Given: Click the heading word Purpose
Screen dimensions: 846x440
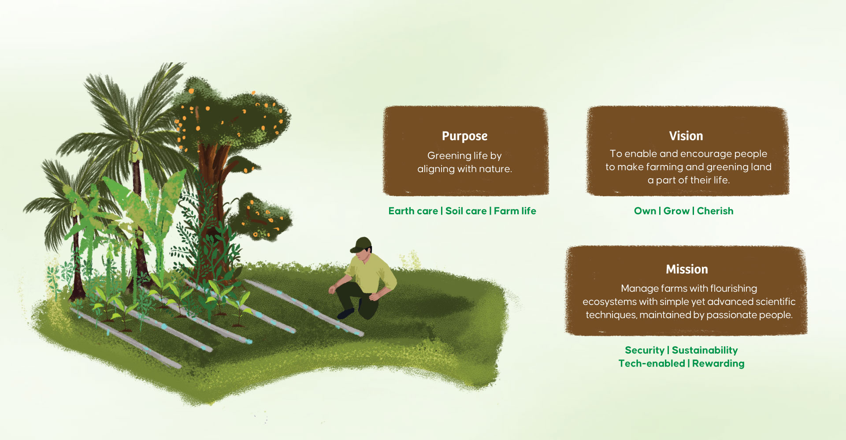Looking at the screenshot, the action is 464,136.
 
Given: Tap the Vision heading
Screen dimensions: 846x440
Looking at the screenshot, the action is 686,136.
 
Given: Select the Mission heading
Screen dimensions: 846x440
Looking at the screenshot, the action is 687,269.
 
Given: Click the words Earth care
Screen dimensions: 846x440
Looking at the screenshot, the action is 413,211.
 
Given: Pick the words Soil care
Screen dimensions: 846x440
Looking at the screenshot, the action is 466,211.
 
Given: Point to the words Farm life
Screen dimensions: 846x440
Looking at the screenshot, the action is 515,211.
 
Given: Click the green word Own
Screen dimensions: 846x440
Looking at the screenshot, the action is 645,211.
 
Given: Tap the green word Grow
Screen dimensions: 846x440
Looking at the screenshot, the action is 676,211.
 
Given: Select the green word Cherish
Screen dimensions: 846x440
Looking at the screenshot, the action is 715,211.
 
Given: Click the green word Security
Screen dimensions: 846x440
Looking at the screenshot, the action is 644,351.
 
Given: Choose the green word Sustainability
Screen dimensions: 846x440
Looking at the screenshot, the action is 705,351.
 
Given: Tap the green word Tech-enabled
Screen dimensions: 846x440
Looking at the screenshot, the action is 652,364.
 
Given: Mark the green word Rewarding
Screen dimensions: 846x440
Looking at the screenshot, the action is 718,364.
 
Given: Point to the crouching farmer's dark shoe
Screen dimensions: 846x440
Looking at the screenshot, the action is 346,313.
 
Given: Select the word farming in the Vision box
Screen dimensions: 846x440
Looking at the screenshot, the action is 664,167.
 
